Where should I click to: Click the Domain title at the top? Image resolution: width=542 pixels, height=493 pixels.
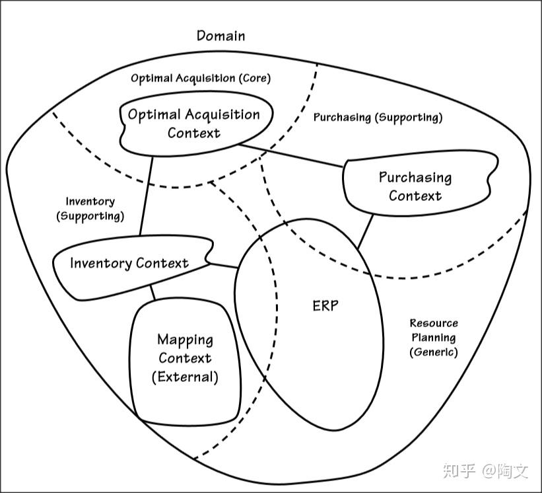coord(221,36)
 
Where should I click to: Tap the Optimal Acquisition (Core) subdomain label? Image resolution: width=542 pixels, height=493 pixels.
coord(201,78)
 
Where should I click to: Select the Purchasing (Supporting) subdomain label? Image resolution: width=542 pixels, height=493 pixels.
coord(378,118)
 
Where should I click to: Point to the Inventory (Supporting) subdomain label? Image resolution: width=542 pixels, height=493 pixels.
coord(90,209)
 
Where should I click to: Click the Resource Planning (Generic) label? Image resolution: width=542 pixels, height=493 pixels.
coord(434,338)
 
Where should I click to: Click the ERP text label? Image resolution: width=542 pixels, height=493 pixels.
coord(325,306)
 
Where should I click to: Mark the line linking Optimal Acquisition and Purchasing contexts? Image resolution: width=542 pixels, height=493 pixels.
coord(291,156)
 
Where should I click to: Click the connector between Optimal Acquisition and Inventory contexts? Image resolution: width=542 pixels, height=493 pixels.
coord(146,196)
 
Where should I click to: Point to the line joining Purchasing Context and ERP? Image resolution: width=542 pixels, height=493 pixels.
coord(365,232)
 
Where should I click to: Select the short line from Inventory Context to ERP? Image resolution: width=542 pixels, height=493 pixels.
coord(223,266)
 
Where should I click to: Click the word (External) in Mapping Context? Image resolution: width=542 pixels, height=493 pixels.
coord(185,377)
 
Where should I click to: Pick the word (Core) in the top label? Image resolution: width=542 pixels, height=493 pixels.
coord(255,78)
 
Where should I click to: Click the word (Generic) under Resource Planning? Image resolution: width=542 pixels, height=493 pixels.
coord(434,352)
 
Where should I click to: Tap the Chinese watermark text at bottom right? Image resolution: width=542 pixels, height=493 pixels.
coord(486,471)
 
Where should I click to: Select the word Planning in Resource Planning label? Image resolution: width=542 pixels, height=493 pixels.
coord(434,338)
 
